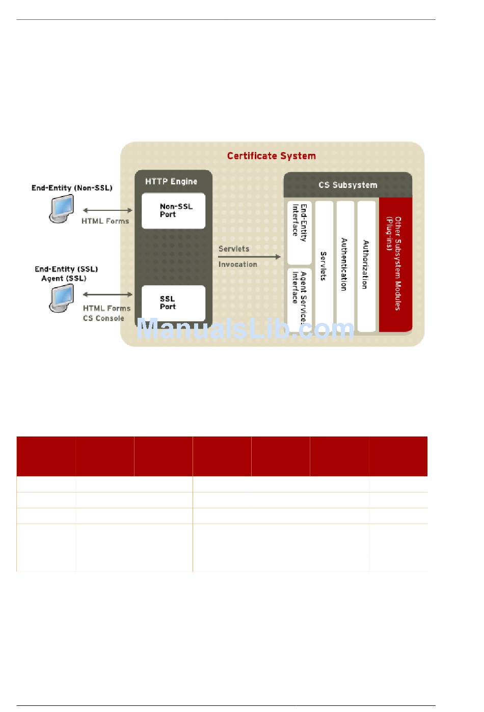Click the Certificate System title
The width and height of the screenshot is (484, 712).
(x=271, y=156)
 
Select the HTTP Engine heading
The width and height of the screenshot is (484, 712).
(x=171, y=181)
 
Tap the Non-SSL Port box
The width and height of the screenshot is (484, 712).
(x=173, y=211)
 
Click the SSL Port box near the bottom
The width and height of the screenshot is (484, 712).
(x=173, y=303)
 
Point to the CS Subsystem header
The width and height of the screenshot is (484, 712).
(x=347, y=185)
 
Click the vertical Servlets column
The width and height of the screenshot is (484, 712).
(x=324, y=266)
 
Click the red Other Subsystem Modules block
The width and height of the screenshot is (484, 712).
(x=395, y=264)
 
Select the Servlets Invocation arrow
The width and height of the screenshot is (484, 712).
(x=250, y=257)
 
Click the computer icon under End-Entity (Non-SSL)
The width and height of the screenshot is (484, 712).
(x=61, y=209)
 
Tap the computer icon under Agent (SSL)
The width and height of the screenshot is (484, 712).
(x=61, y=298)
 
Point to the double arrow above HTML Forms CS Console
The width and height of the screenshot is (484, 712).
(x=107, y=294)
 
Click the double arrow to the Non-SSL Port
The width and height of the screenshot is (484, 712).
(x=107, y=210)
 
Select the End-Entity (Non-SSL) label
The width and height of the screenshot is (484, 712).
(x=72, y=188)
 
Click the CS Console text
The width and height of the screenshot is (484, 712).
(x=103, y=318)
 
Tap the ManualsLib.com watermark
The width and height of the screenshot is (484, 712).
(x=245, y=329)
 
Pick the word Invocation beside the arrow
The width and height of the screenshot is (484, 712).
(x=238, y=264)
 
